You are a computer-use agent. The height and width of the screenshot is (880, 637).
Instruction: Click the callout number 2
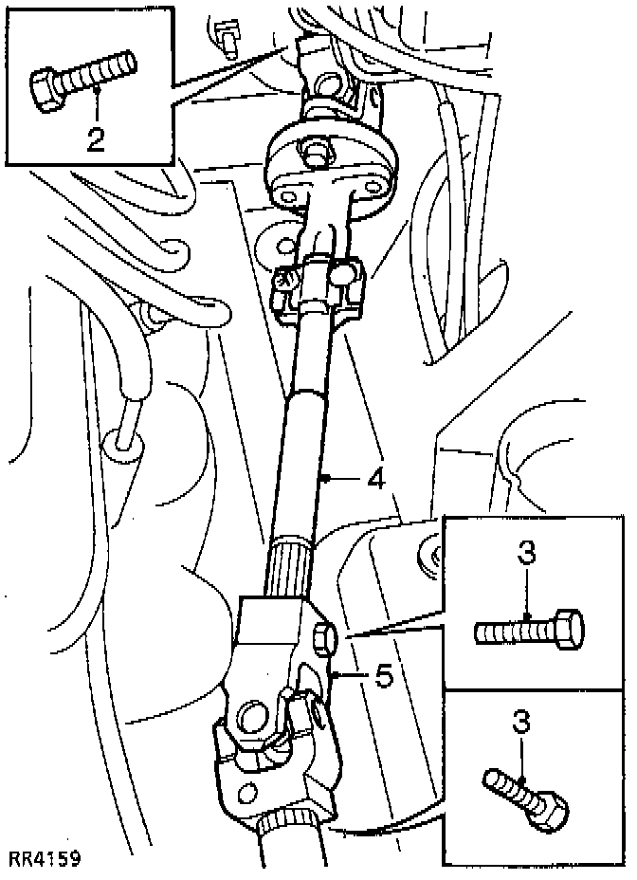pos(95,137)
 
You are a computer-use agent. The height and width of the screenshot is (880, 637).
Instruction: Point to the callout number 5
pos(382,677)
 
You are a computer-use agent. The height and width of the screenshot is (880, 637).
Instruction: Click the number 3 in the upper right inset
pos(527,553)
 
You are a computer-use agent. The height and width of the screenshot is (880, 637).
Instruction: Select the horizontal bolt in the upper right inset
pos(527,630)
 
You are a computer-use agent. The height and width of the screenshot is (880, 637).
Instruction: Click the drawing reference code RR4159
pos(45,859)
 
